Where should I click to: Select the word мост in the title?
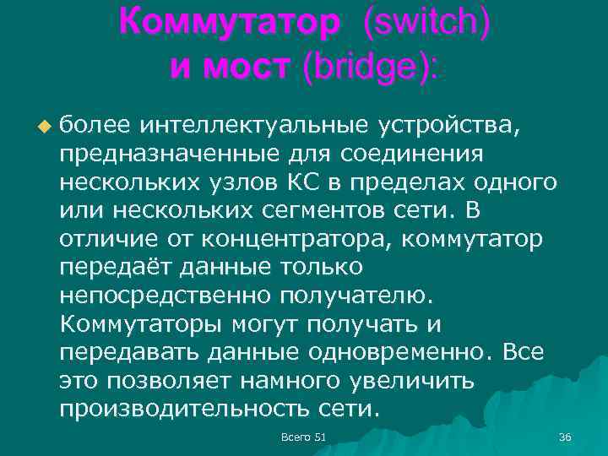point(252,67)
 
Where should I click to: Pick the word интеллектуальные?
point(254,126)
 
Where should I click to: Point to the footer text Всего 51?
point(303,436)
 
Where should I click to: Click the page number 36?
point(565,436)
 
